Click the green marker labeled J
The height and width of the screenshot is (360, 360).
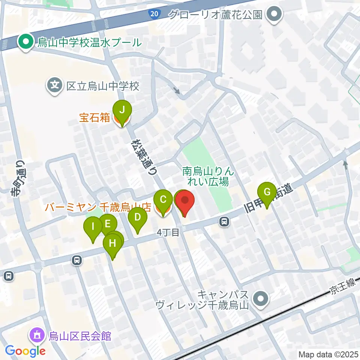pos(122,111)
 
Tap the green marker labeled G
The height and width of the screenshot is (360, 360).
pos(267,192)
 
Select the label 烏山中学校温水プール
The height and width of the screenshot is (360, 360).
pos(88,42)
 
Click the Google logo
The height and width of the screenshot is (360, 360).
pos(25,351)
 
